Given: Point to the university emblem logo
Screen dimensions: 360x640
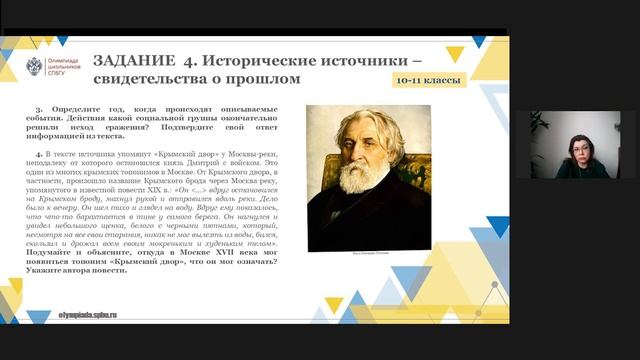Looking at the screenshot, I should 35,67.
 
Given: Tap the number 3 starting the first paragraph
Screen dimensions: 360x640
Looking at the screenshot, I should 38,105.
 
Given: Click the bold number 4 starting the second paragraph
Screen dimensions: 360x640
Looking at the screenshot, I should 38,153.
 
